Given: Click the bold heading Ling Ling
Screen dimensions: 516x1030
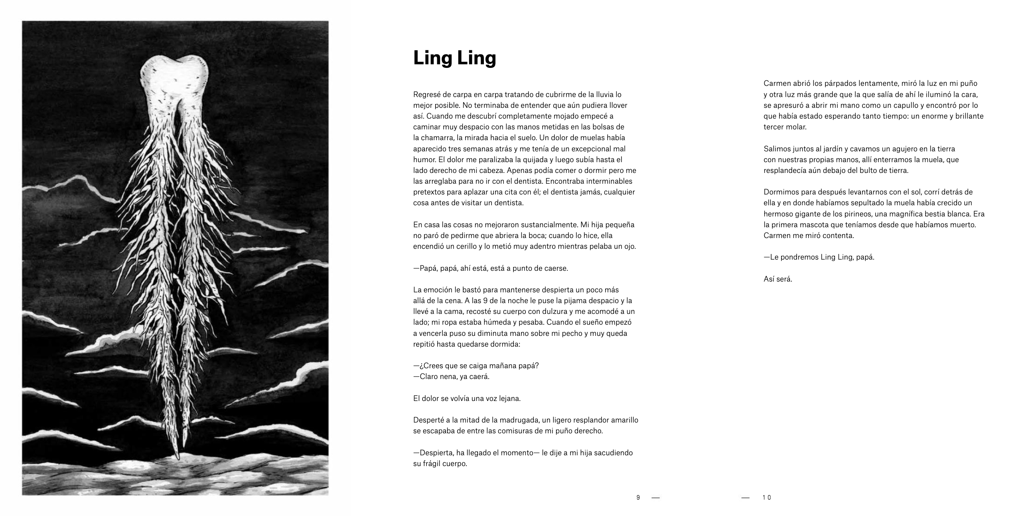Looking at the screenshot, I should coord(454,58).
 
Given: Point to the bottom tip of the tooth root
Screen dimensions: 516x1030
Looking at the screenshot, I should coord(178,456).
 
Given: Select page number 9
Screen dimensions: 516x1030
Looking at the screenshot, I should coord(638,498).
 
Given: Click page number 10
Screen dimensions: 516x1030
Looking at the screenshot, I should coord(766,498).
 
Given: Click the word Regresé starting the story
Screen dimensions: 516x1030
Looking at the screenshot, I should coord(426,95).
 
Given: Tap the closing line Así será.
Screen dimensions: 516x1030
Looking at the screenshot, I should coord(778,280).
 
